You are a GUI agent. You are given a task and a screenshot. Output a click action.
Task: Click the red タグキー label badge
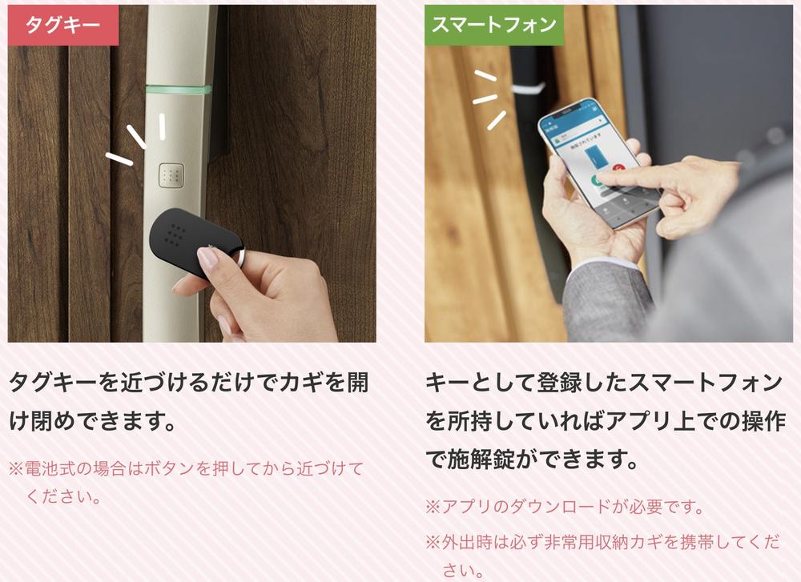(63, 25)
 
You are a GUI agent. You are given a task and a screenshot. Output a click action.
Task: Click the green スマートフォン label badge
(494, 25)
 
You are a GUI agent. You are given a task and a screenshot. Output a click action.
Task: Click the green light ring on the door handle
(179, 90)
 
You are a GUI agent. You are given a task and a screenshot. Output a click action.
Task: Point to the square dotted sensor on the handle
(171, 175)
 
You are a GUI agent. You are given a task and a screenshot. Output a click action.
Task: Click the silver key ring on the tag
(240, 257)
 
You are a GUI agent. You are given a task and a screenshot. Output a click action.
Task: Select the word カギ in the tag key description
(300, 383)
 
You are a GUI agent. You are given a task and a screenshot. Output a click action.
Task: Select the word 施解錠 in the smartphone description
(481, 460)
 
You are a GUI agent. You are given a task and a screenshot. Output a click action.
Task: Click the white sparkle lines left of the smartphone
(489, 99)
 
